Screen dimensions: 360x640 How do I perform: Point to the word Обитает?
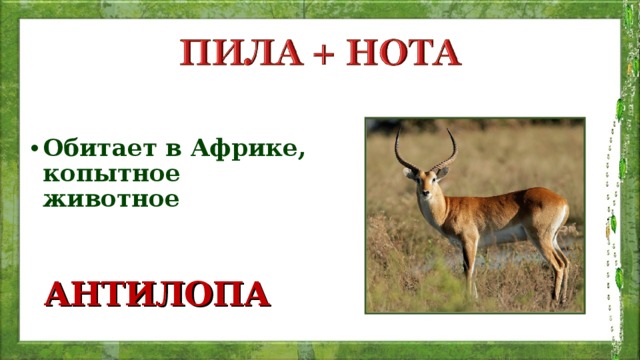(x=92, y=150)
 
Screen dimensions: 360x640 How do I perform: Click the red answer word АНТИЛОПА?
(x=157, y=296)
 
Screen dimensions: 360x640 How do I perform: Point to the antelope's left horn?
(x=403, y=150)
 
